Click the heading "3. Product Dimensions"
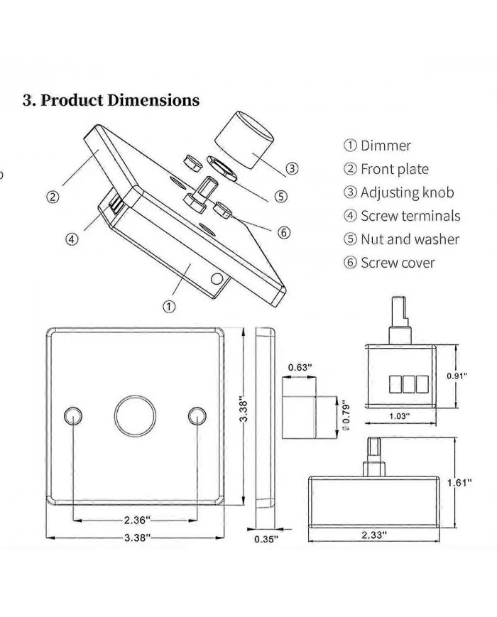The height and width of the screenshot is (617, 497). pyautogui.click(x=111, y=100)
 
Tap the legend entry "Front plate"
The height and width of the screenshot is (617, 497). pyautogui.click(x=395, y=169)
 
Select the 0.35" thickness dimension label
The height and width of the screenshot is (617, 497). pyautogui.click(x=266, y=539)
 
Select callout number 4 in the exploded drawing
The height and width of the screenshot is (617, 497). pyautogui.click(x=72, y=239)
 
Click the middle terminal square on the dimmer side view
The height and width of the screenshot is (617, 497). pyautogui.click(x=408, y=383)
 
